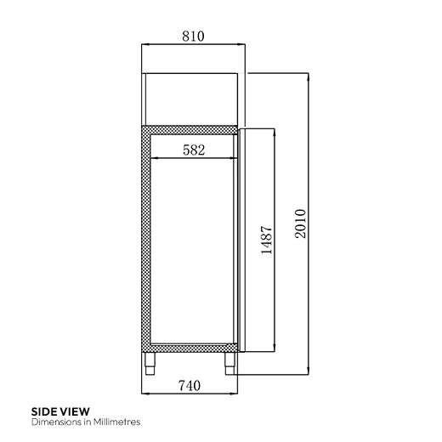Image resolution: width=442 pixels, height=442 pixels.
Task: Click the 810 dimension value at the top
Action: point(193,37)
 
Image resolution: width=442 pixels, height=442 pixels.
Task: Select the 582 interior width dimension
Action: point(195,150)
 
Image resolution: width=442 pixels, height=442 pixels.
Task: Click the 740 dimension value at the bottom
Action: point(190,386)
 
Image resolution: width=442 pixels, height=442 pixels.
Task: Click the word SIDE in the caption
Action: point(44,412)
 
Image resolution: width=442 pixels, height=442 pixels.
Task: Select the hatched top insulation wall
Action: point(191,130)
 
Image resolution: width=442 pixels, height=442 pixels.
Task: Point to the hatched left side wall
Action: point(146,238)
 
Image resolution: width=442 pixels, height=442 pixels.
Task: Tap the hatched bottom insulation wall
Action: point(191,347)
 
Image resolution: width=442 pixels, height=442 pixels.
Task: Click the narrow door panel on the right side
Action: point(241,238)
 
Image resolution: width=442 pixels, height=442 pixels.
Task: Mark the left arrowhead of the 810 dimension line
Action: point(144,45)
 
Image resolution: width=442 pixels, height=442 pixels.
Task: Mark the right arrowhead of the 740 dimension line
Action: point(235,394)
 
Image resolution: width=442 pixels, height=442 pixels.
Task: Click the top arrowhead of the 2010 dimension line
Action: point(308,76)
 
